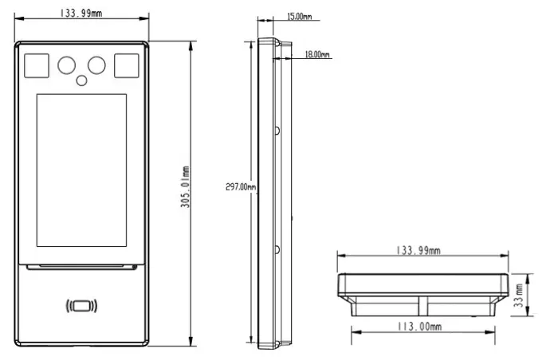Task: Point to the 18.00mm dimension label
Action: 316,55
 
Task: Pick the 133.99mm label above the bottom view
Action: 420,251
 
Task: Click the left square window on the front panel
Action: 36,65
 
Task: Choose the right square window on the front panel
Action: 126,65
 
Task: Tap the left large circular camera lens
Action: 65,64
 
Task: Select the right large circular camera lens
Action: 96,64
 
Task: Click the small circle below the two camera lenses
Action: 81,80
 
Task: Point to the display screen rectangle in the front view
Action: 81,170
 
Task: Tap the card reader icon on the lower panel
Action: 81,305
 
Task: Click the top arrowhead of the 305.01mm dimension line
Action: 191,45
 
